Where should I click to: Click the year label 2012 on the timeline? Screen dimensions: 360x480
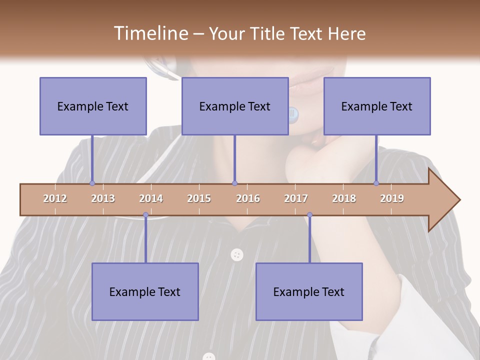click(x=55, y=198)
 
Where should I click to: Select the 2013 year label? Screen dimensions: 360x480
click(x=103, y=198)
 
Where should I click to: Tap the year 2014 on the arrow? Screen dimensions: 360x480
click(x=151, y=198)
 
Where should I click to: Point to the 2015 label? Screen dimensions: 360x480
click(x=199, y=198)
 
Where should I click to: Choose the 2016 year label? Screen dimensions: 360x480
click(x=248, y=198)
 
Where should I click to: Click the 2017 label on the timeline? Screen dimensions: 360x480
click(x=296, y=198)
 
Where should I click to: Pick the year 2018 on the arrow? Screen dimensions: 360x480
click(x=344, y=198)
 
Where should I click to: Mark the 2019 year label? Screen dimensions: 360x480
click(x=392, y=198)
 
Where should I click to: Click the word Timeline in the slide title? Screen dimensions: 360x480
click(x=150, y=33)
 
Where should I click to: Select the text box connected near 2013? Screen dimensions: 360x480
click(x=93, y=106)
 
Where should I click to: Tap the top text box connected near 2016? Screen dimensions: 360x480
click(x=235, y=106)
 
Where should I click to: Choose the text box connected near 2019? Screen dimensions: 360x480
click(x=377, y=106)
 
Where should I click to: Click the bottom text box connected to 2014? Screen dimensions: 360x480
click(x=145, y=291)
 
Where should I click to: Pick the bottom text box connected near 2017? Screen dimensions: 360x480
click(x=309, y=291)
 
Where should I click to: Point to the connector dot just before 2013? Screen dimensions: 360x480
click(x=92, y=183)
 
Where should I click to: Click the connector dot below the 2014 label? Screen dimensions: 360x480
click(x=145, y=215)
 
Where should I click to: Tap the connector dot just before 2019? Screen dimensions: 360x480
click(x=376, y=183)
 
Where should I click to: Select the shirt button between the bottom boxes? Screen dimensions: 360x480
click(x=237, y=255)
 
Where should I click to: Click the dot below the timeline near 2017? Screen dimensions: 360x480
click(x=309, y=215)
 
